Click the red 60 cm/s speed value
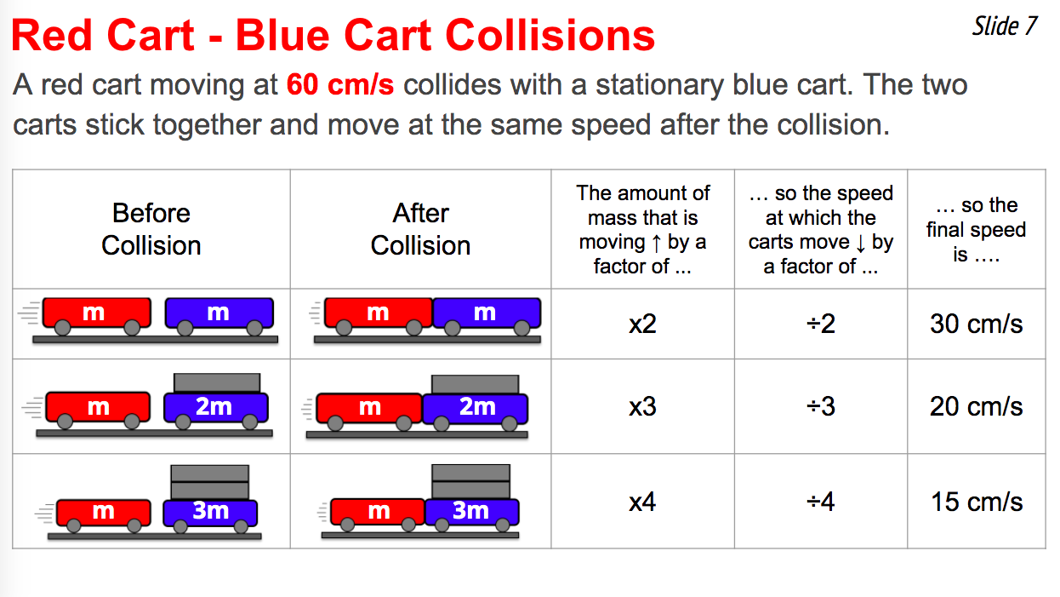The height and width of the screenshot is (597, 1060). pos(340,85)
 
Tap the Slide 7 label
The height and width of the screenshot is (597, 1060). pos(1005,26)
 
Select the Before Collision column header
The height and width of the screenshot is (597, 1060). pos(151,229)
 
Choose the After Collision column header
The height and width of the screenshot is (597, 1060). pos(421,229)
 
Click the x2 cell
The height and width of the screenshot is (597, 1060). pos(642,324)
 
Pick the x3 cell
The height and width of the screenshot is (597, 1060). pos(642,406)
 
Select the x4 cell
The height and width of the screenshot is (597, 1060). pos(642,502)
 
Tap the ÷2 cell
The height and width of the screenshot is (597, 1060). pos(821,324)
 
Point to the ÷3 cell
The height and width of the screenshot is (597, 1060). pos(821,406)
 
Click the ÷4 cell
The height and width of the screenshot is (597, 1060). pos(821,502)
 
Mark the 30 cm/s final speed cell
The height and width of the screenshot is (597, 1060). pos(977,324)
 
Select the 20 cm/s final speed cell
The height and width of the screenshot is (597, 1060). pos(977,406)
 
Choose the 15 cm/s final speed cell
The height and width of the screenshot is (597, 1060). pos(977,502)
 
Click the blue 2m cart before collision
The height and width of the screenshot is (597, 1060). pos(216,407)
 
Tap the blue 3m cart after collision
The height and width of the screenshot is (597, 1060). pos(472,512)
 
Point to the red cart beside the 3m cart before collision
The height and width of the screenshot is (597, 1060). pos(104,513)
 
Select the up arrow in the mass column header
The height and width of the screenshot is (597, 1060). pos(657,243)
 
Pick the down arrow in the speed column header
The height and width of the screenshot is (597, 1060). pos(861,243)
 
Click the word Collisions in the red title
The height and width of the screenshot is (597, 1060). pos(550,36)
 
